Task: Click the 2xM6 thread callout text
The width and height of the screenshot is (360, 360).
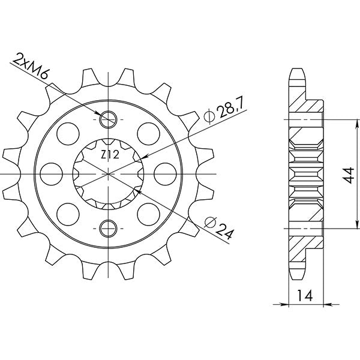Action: [32, 64]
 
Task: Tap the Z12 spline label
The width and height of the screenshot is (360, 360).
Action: [109, 155]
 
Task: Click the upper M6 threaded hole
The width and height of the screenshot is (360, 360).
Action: [108, 119]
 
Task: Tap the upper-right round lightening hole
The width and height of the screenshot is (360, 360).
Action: [146, 131]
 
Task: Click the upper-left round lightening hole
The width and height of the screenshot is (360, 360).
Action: [70, 131]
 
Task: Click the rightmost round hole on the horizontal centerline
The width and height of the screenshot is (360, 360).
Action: [163, 173]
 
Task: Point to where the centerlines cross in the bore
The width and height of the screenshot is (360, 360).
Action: [108, 173]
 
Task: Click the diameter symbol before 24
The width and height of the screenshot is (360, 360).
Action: [207, 222]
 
